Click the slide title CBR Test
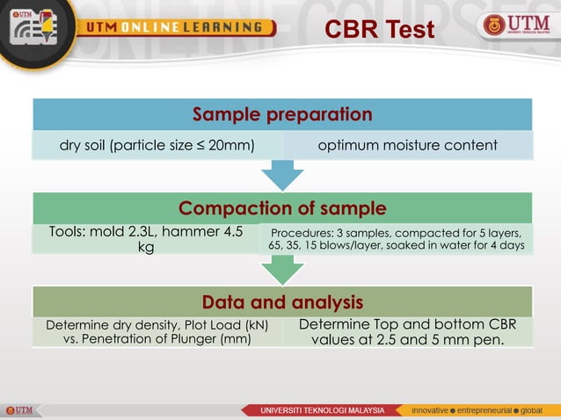[x=379, y=30]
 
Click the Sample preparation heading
[x=282, y=114]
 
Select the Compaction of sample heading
[x=282, y=208]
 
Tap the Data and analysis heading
[x=282, y=302]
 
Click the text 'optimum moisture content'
[x=407, y=145]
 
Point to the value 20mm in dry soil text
[x=232, y=145]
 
